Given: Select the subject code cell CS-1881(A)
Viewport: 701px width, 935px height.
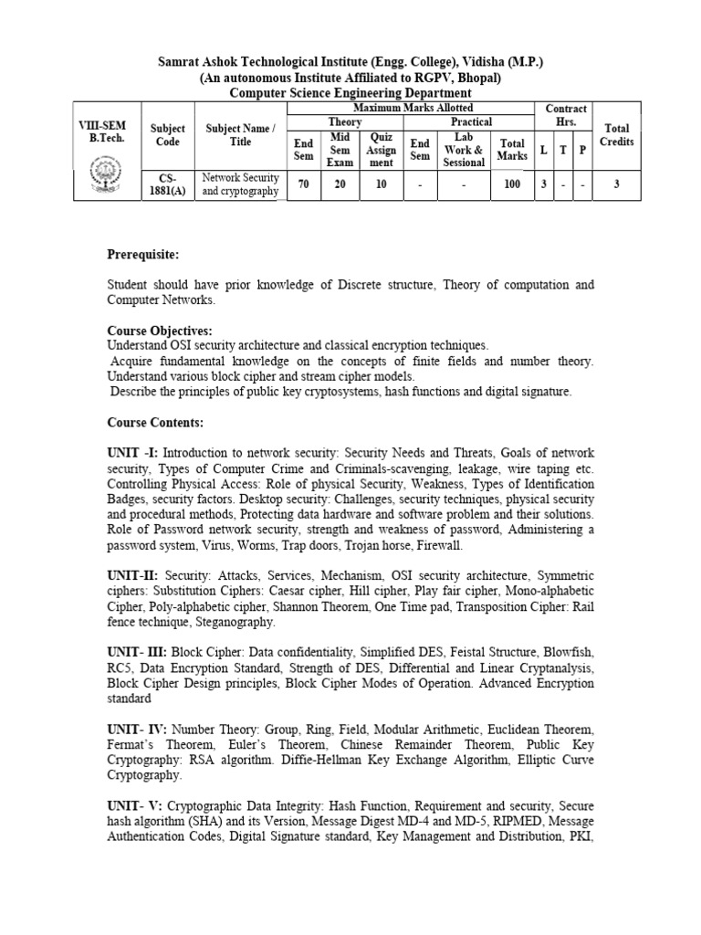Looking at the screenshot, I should click(x=167, y=184).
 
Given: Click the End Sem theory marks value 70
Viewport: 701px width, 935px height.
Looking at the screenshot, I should click(x=302, y=184).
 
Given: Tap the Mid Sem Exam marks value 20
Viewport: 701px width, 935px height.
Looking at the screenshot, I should click(x=340, y=184).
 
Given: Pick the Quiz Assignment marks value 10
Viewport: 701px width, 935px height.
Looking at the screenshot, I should click(x=381, y=184).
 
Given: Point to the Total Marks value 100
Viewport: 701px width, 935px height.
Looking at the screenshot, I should click(x=512, y=184).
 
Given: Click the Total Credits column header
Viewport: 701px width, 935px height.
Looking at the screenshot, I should click(x=617, y=135).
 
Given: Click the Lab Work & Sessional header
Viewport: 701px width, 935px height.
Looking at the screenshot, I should click(x=464, y=149).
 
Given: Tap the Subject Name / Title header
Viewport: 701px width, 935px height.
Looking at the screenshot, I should click(x=238, y=135).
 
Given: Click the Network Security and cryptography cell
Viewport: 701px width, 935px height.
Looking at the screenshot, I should click(x=240, y=184).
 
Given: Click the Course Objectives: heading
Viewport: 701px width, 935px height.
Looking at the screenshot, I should click(x=159, y=331).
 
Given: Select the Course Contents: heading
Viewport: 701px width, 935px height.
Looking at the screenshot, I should click(x=155, y=423).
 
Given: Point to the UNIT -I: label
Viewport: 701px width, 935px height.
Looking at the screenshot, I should click(x=132, y=453).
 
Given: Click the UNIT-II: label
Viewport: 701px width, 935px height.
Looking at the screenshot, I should click(x=132, y=576).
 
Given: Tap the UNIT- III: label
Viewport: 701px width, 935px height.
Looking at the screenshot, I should click(x=137, y=652).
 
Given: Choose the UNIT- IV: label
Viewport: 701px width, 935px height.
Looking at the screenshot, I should click(x=137, y=730).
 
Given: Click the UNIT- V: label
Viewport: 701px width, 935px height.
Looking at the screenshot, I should click(x=134, y=806).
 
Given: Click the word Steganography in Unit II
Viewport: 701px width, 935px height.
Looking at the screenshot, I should click(x=229, y=622).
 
